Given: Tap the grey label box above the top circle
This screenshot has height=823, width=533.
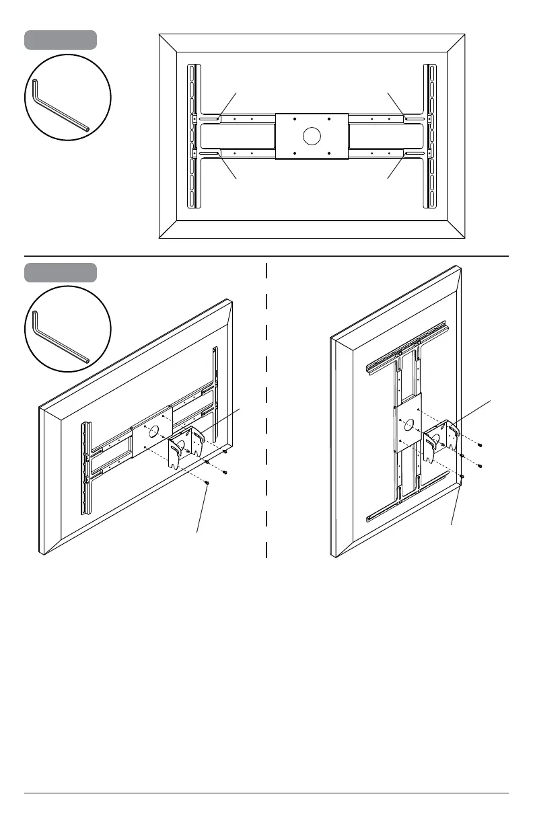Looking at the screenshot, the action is point(61,40).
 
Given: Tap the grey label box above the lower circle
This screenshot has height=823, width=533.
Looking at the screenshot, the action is point(61,272).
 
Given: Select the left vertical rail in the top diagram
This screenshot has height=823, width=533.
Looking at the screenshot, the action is point(192,136).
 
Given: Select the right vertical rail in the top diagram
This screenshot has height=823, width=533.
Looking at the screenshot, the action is point(429,136).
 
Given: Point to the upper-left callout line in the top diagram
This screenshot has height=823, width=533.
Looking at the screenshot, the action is point(229,104).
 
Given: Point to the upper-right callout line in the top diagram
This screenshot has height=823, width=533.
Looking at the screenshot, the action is point(395,103).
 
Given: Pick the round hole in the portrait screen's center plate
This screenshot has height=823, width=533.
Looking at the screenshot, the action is point(408,425).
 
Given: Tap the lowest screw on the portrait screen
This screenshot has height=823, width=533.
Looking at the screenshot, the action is point(462,477).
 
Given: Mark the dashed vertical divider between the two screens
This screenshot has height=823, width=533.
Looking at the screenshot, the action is point(267,410).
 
